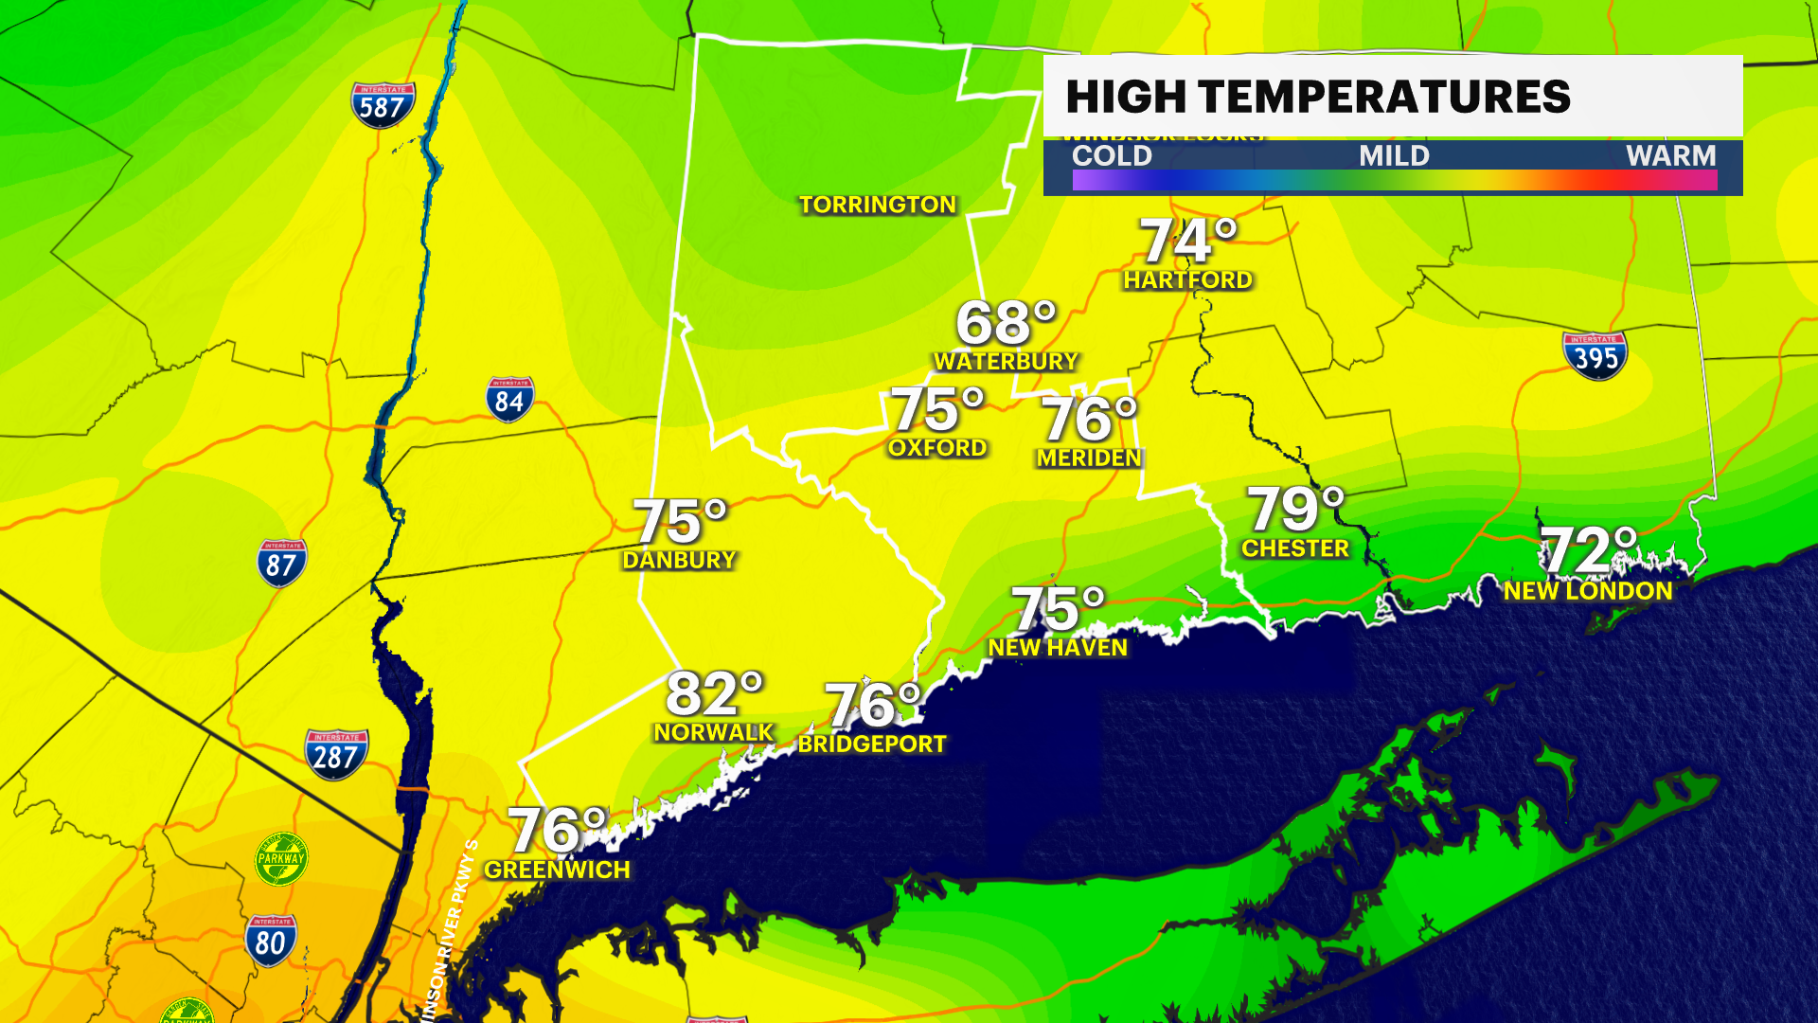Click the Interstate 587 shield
click(x=383, y=105)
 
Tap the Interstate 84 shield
click(x=509, y=400)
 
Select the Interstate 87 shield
click(x=281, y=563)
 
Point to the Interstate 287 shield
click(x=336, y=754)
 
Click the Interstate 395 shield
click(x=1595, y=355)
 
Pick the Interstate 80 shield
click(x=271, y=940)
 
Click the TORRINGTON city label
click(x=878, y=205)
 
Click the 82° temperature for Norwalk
click(x=714, y=694)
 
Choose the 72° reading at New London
click(x=1588, y=550)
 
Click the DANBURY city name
click(x=679, y=560)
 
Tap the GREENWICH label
click(x=557, y=870)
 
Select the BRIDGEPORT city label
click(x=872, y=744)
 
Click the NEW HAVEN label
click(x=1058, y=648)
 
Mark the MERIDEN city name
click(x=1089, y=458)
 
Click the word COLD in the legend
click(x=1112, y=155)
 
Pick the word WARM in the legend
click(x=1670, y=155)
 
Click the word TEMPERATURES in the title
click(x=1383, y=97)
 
